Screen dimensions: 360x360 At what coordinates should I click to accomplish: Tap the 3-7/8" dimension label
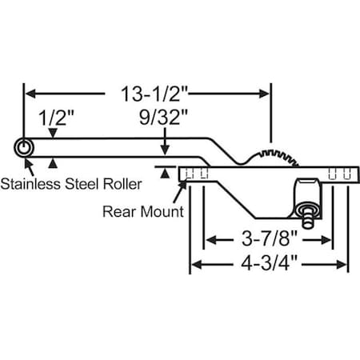(268, 238)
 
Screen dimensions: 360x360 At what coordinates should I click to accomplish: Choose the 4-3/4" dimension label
(268, 265)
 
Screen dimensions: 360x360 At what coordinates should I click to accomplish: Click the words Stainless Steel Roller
(71, 183)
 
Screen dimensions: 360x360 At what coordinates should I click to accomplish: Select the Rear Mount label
(143, 212)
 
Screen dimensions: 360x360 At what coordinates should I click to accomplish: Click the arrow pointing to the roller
(30, 166)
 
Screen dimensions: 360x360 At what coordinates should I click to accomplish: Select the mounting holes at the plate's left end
(197, 174)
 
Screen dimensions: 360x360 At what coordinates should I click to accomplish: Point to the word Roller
(119, 183)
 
